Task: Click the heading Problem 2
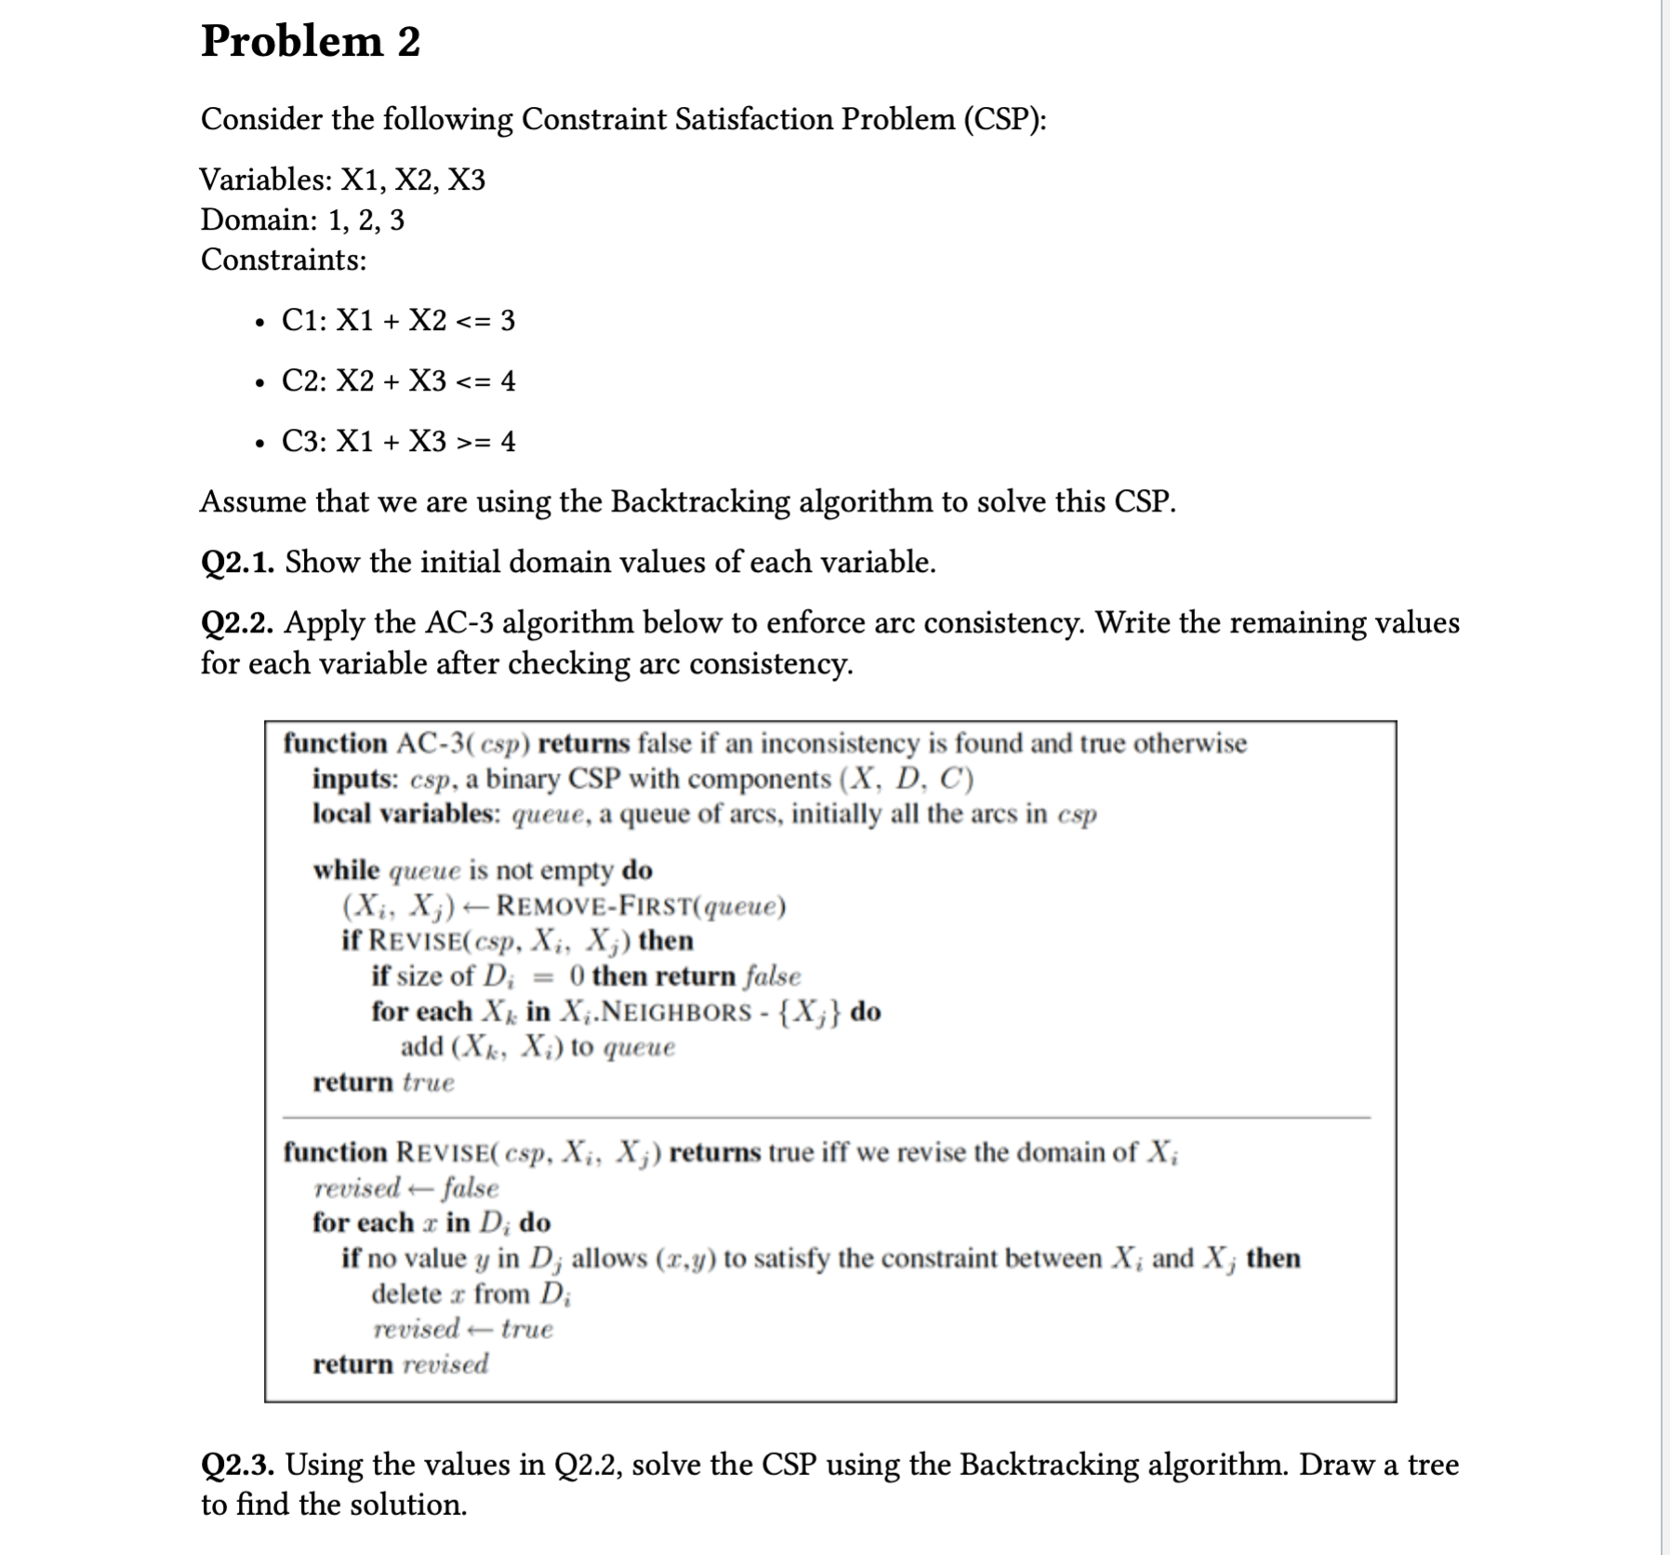coord(311,42)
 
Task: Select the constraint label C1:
coord(303,321)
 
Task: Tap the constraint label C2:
coord(303,381)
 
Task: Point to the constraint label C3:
coord(303,442)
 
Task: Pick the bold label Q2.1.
coord(237,563)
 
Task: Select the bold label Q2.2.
coord(237,623)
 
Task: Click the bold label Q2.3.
coord(237,1465)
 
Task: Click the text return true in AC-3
coord(383,1083)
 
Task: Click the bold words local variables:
coord(406,814)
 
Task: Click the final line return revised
coord(400,1364)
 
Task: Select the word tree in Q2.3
coord(1433,1465)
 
